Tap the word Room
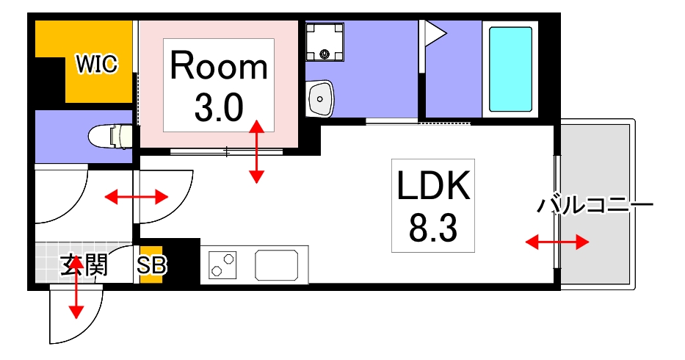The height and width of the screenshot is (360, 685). coord(219,67)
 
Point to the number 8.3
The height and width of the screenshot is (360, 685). coord(432,229)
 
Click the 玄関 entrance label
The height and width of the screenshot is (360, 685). coord(84,265)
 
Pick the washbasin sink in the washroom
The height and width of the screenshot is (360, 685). coord(320,98)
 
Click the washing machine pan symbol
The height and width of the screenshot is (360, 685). coord(325,42)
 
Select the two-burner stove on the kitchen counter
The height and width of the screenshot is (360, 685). coord(224,264)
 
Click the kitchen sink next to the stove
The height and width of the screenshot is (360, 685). coord(279,264)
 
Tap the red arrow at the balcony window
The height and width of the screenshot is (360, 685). coord(557,242)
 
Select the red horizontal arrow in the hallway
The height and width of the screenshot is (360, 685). coord(136,197)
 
